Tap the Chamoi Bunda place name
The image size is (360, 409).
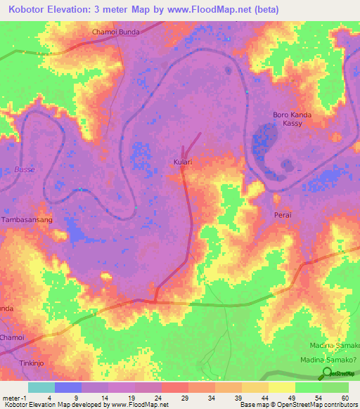click(116, 32)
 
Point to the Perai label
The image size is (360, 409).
click(283, 214)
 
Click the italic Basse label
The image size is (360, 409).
click(24, 169)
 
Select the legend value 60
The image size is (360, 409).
click(345, 397)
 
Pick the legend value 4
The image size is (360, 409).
click(49, 397)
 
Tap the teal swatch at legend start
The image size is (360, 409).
click(41, 387)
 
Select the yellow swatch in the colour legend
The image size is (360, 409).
click(281, 387)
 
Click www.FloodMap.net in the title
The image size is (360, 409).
click(216, 10)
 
